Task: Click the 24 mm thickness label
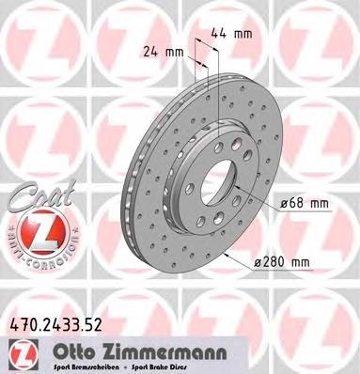click(x=160, y=52)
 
